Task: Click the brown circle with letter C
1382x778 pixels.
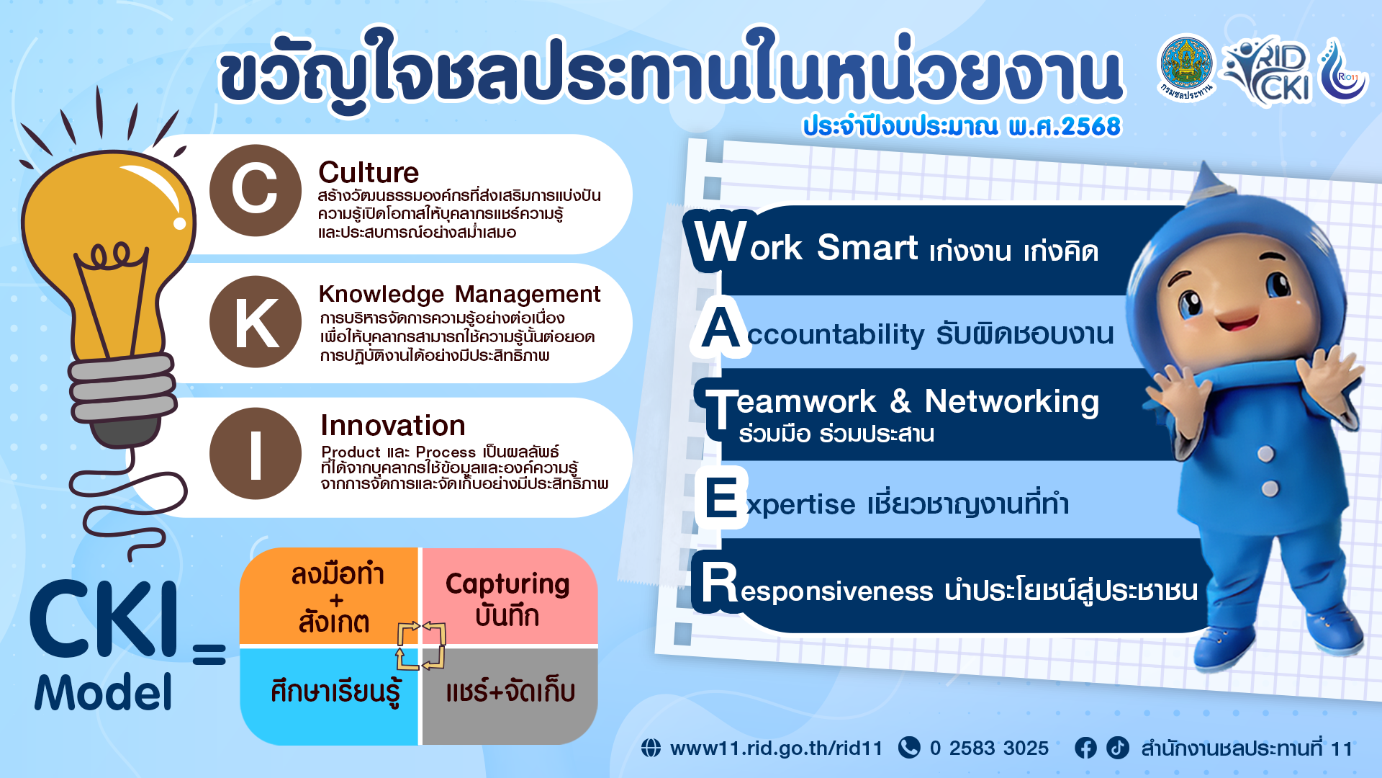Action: pyautogui.click(x=256, y=190)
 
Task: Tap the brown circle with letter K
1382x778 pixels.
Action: pyautogui.click(x=256, y=322)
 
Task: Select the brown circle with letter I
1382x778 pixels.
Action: pyautogui.click(x=256, y=454)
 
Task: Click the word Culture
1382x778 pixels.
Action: pyautogui.click(x=369, y=173)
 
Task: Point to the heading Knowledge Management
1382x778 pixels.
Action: pyautogui.click(x=459, y=295)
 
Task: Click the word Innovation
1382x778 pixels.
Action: pyautogui.click(x=393, y=425)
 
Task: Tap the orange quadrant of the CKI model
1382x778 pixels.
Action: pyautogui.click(x=329, y=596)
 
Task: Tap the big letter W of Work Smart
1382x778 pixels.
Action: pyautogui.click(x=721, y=241)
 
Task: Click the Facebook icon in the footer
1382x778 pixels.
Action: pyautogui.click(x=1085, y=748)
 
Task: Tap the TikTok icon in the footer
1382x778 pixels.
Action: pyautogui.click(x=1118, y=748)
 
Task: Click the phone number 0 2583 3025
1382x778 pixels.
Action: pyautogui.click(x=989, y=748)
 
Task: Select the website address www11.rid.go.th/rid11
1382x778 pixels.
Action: pyautogui.click(x=776, y=748)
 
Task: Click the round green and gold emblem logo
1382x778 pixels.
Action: pyautogui.click(x=1185, y=67)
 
